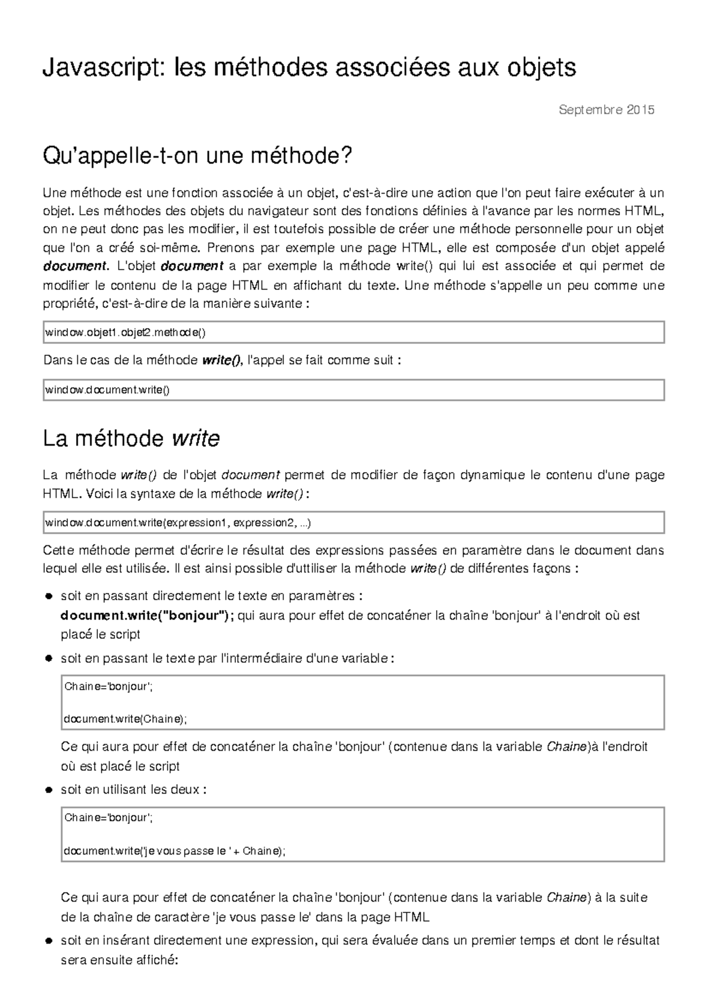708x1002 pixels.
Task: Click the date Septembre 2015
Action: tap(606, 110)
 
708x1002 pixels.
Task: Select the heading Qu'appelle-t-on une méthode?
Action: tap(197, 156)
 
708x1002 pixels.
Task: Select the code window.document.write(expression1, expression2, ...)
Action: tap(178, 523)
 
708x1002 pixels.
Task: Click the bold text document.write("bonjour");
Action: tap(147, 615)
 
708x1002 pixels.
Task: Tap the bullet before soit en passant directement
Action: tap(49, 596)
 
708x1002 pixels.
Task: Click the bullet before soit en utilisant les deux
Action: tap(49, 790)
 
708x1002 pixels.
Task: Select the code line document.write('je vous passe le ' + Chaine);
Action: tap(174, 850)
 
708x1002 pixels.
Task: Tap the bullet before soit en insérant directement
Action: tap(49, 941)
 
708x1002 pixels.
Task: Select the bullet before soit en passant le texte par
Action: tap(49, 658)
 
